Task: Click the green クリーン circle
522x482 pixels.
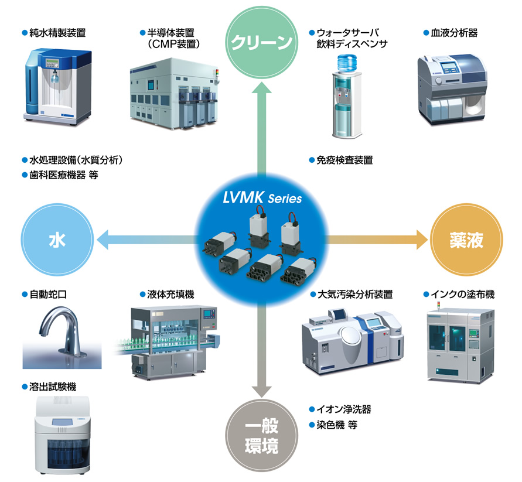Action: tap(262, 42)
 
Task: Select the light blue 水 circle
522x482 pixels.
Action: tap(57, 240)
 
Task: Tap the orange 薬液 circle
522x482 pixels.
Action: tap(466, 240)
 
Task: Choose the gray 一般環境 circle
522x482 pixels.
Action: tap(262, 435)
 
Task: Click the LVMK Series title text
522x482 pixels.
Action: tap(262, 198)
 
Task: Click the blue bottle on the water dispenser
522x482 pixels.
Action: tap(347, 63)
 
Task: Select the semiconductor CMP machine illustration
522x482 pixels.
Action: tap(175, 94)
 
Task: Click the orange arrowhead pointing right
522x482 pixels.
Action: tap(421, 240)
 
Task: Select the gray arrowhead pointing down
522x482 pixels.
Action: tap(262, 391)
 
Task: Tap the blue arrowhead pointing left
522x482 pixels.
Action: tap(103, 240)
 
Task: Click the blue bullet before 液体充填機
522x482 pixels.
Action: tap(143, 294)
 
